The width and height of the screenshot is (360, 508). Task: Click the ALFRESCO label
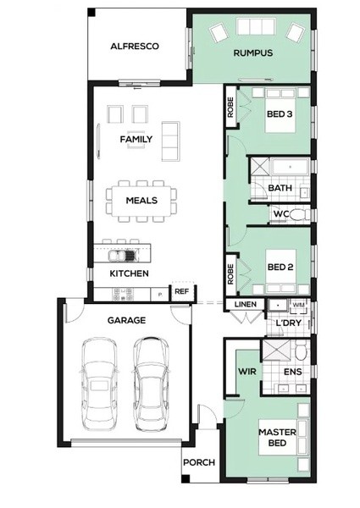click(135, 47)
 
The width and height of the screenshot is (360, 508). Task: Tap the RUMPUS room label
click(253, 53)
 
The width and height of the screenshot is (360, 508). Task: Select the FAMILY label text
click(136, 140)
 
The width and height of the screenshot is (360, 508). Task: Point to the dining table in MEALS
click(141, 201)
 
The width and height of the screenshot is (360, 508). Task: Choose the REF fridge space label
click(181, 291)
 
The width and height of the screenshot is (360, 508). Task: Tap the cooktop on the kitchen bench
click(123, 294)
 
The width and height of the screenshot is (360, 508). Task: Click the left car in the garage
click(99, 384)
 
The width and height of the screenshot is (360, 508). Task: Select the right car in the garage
click(152, 384)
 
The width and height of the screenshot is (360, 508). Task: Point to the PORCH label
click(199, 462)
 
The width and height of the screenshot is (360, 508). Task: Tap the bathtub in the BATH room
click(290, 167)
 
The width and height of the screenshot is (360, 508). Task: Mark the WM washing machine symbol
click(298, 305)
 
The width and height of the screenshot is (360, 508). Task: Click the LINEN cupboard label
click(246, 305)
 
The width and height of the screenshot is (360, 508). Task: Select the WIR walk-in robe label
click(247, 372)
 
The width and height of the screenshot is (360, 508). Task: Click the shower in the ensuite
click(275, 350)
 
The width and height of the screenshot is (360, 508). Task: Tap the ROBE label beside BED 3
click(230, 108)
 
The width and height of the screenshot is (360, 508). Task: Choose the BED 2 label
click(280, 268)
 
